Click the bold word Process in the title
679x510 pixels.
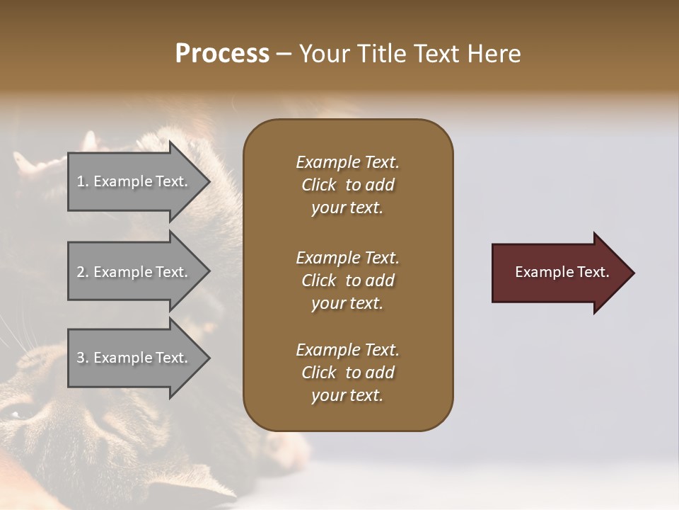(x=222, y=54)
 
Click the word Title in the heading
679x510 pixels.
(x=383, y=54)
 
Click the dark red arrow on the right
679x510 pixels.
(x=559, y=272)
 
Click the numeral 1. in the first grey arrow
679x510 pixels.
(x=83, y=181)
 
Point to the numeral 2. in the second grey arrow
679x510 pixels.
(x=83, y=272)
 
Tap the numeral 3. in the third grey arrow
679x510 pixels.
(x=83, y=358)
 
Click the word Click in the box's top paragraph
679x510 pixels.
(x=318, y=186)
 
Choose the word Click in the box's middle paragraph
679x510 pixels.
(x=318, y=280)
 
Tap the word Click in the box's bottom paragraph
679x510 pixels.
(x=318, y=373)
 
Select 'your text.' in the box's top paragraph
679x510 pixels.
(x=347, y=208)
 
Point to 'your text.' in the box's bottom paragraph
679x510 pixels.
(x=347, y=396)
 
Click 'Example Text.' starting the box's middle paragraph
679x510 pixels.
(x=347, y=258)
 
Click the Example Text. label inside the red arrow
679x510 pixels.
(x=562, y=272)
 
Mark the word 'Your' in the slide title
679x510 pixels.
(x=324, y=54)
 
